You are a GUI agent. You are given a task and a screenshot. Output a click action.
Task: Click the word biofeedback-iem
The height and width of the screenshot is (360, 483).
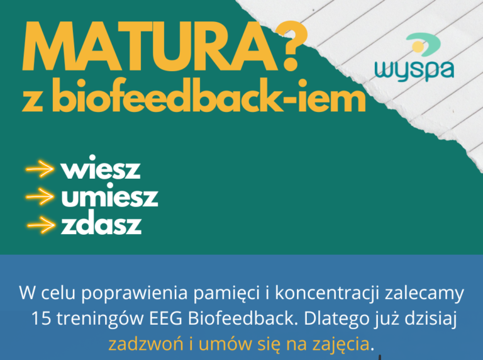pos(209,96)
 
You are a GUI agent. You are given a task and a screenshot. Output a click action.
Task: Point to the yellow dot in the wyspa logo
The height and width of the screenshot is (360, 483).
pos(418,47)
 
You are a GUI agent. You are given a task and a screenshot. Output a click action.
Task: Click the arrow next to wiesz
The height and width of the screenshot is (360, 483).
pos(40,169)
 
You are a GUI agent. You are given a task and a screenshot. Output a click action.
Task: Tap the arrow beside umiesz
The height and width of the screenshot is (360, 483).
pos(40,196)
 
